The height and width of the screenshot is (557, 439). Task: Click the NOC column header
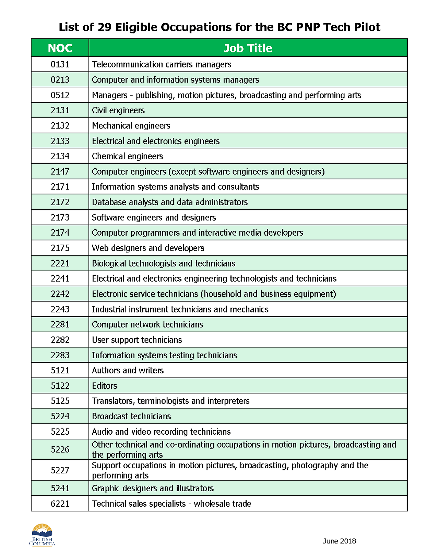tap(60, 48)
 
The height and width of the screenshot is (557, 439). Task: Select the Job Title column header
tap(248, 48)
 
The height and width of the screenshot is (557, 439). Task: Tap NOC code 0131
tap(60, 64)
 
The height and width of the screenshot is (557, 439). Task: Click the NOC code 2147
tap(60, 172)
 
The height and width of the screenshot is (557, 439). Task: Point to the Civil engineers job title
tap(118, 110)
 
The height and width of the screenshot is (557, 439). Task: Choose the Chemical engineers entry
tap(127, 156)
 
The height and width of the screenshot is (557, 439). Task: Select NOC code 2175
tap(60, 248)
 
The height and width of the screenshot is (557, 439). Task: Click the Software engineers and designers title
tap(154, 218)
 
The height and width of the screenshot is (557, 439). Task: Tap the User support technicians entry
tap(137, 340)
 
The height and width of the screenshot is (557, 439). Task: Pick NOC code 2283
tap(60, 355)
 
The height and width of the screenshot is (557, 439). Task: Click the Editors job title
tap(104, 386)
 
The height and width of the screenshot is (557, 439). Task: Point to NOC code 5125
tap(60, 401)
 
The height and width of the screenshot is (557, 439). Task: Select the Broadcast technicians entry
tap(131, 416)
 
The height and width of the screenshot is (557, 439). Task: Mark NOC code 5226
tap(60, 449)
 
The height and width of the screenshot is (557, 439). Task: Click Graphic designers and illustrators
tap(153, 488)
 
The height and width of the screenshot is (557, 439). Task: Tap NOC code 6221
tap(60, 504)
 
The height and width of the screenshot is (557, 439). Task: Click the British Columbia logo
tap(42, 535)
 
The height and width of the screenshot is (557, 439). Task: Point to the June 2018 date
tap(339, 541)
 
